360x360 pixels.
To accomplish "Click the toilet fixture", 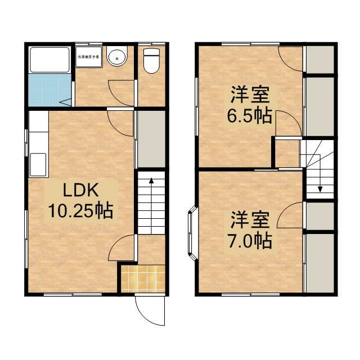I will (151, 61).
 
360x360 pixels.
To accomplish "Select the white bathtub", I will (49, 60).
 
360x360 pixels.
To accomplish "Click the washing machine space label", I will (89, 57).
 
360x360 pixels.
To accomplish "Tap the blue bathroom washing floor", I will (48, 90).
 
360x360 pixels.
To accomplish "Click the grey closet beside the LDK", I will (151, 139).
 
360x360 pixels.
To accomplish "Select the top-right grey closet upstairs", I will (319, 60).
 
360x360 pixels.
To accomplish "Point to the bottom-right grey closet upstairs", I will (319, 263).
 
